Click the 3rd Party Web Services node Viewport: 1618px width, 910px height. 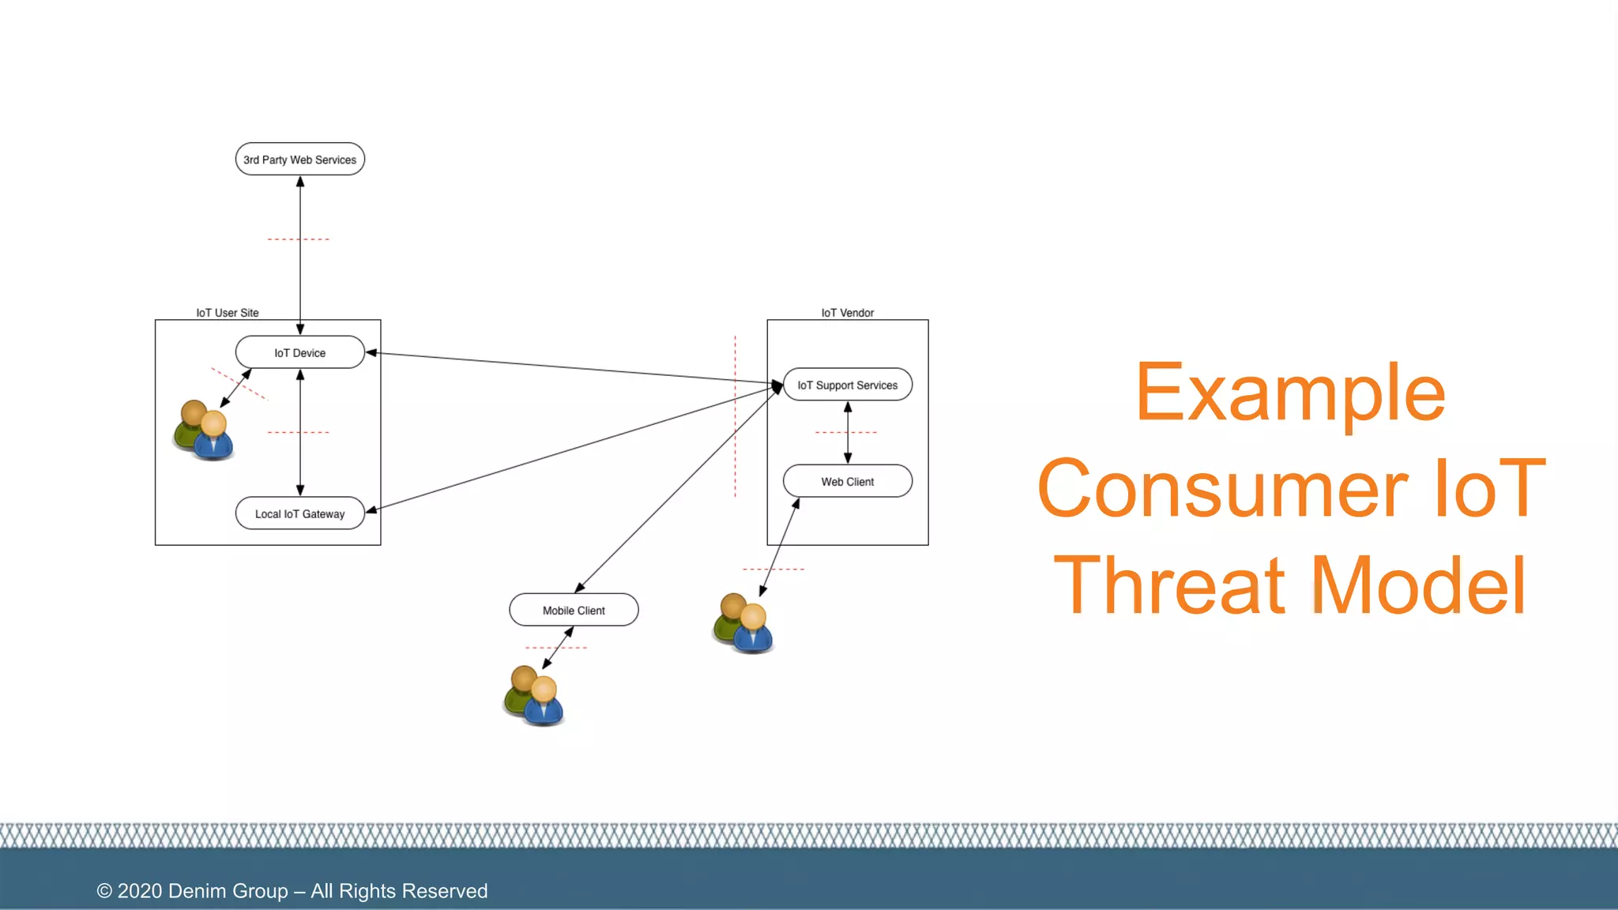299,160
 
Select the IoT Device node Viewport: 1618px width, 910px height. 299,353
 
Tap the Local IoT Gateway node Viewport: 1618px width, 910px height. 299,513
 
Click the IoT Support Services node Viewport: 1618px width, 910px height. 847,385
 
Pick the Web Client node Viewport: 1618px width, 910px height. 847,481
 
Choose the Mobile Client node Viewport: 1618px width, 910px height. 574,610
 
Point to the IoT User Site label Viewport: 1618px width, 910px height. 228,313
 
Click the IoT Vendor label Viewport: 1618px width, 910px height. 847,313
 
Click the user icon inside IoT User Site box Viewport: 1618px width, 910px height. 204,431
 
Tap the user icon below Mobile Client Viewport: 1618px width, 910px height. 534,696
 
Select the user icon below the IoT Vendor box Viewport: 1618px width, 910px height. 743,623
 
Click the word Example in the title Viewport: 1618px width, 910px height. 1290,393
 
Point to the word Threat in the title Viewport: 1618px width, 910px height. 1170,585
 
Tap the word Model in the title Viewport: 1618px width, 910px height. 1418,585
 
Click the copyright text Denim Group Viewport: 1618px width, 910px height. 228,891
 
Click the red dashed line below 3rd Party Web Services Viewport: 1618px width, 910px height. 298,239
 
